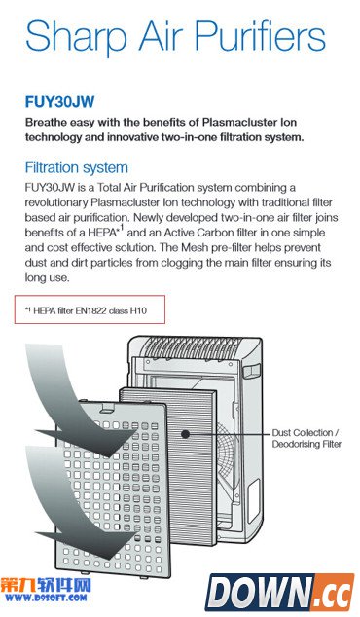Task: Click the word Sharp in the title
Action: click(76, 35)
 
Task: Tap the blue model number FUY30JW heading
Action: click(59, 102)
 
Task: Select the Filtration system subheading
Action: click(77, 167)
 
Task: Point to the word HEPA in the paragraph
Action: click(103, 233)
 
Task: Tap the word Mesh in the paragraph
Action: click(195, 248)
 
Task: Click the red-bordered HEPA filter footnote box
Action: click(90, 309)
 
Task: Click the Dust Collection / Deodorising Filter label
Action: click(306, 438)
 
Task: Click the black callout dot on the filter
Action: click(185, 434)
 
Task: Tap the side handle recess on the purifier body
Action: click(252, 371)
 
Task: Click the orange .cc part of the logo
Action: click(334, 593)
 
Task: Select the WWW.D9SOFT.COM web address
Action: click(46, 599)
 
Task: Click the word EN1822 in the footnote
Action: click(91, 310)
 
